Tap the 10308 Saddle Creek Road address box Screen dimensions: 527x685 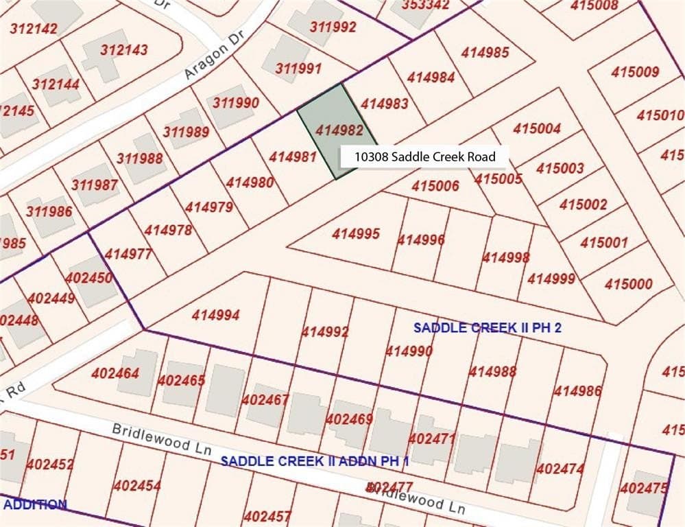[424, 157]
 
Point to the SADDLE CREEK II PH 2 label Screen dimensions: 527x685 [487, 328]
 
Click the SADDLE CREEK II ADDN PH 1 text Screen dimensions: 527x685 [315, 460]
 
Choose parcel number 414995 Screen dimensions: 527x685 [356, 234]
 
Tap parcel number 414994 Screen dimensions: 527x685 [215, 316]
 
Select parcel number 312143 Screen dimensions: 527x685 [123, 50]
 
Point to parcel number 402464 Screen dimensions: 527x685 [115, 374]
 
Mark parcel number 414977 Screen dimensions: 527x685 [128, 255]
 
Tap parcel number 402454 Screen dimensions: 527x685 [137, 486]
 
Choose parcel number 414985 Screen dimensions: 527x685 [485, 52]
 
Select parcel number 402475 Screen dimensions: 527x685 [643, 488]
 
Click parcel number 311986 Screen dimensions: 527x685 [49, 211]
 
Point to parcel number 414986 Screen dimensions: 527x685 [577, 391]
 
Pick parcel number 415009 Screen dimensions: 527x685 [635, 72]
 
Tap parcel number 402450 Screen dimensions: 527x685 [88, 278]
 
